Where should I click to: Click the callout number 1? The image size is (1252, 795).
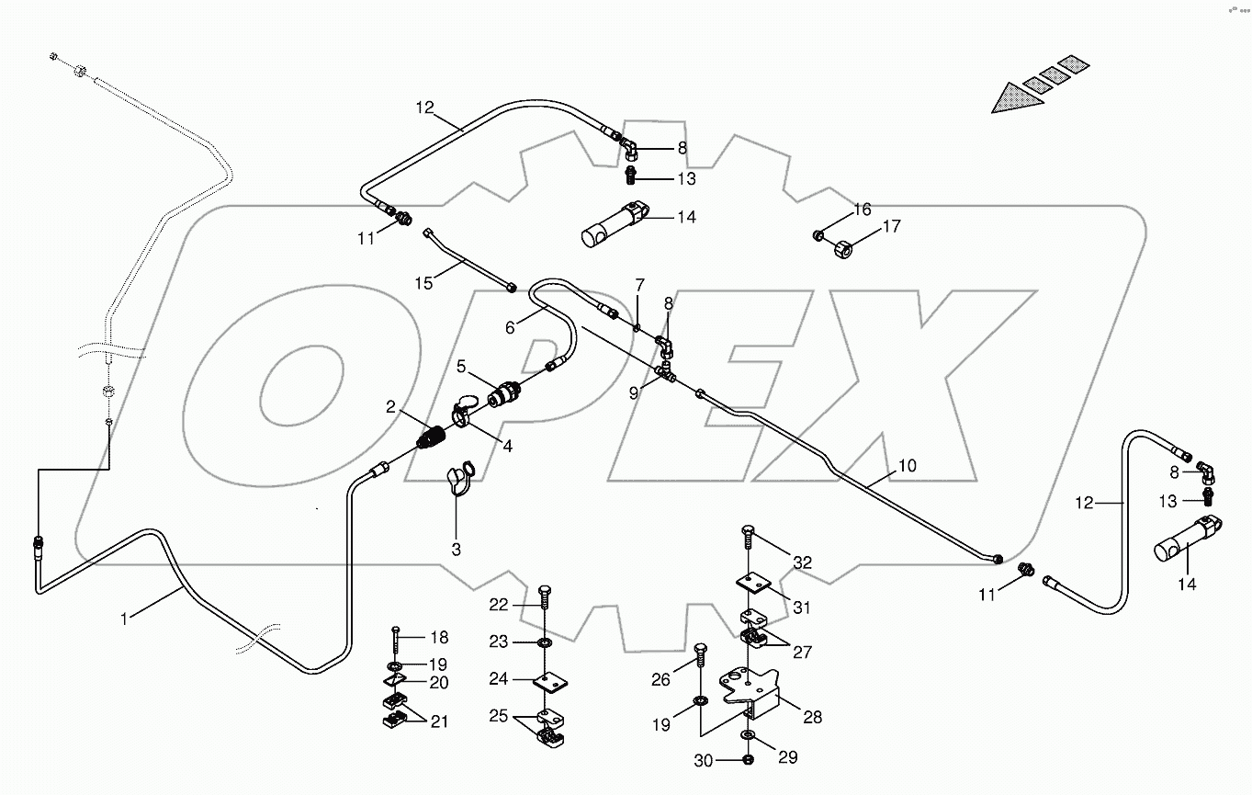pos(124,619)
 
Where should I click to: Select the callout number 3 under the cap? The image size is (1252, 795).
pos(457,550)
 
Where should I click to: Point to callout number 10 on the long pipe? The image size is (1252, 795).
pos(908,466)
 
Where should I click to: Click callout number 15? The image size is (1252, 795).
pos(423,283)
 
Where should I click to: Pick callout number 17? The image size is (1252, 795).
pos(893,226)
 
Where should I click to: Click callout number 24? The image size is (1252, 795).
pos(499,679)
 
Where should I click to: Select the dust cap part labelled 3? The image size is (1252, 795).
pos(457,481)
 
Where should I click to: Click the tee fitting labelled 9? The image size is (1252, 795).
pos(669,373)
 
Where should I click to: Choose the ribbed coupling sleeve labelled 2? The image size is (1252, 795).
pos(431,437)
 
